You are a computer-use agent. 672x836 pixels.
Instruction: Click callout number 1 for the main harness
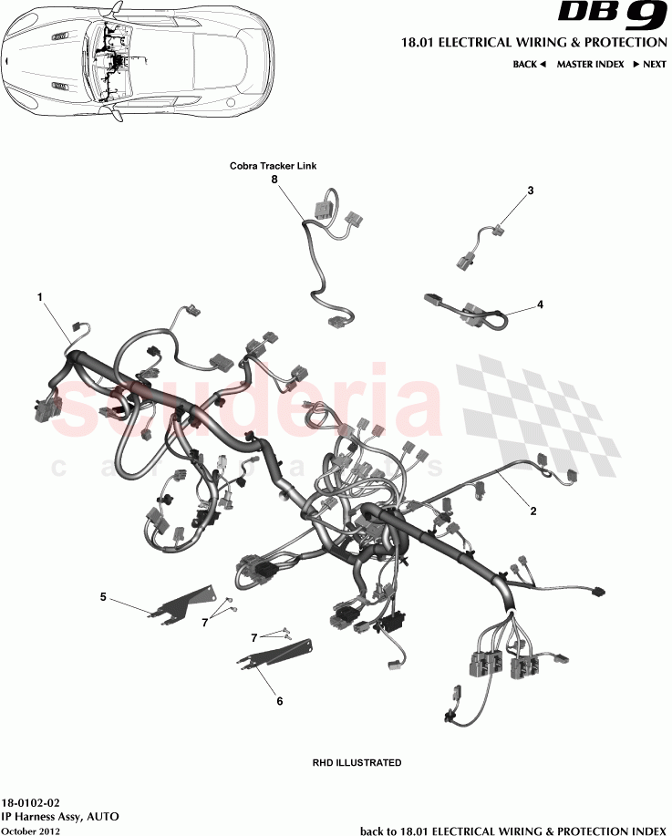pyautogui.click(x=39, y=297)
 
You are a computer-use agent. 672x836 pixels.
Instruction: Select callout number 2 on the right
pyautogui.click(x=533, y=511)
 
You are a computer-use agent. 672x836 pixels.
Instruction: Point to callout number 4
pyautogui.click(x=540, y=304)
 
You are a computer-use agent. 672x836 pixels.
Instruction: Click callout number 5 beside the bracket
pyautogui.click(x=103, y=597)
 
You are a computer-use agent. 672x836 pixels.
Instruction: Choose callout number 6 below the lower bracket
pyautogui.click(x=279, y=701)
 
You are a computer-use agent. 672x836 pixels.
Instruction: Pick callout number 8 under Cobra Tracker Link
pyautogui.click(x=273, y=180)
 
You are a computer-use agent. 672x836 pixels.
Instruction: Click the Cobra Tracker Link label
pyautogui.click(x=273, y=166)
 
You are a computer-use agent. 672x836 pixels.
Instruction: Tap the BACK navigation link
pyautogui.click(x=529, y=65)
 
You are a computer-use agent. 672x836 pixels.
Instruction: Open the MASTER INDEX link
pyautogui.click(x=590, y=65)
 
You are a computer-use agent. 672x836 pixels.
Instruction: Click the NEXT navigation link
pyautogui.click(x=649, y=65)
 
